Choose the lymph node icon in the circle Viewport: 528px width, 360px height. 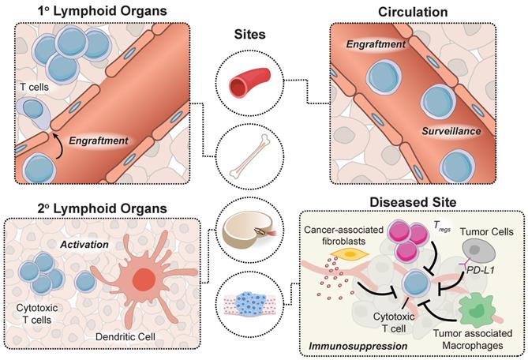[x=244, y=230]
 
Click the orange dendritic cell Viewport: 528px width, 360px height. [x=144, y=282]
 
